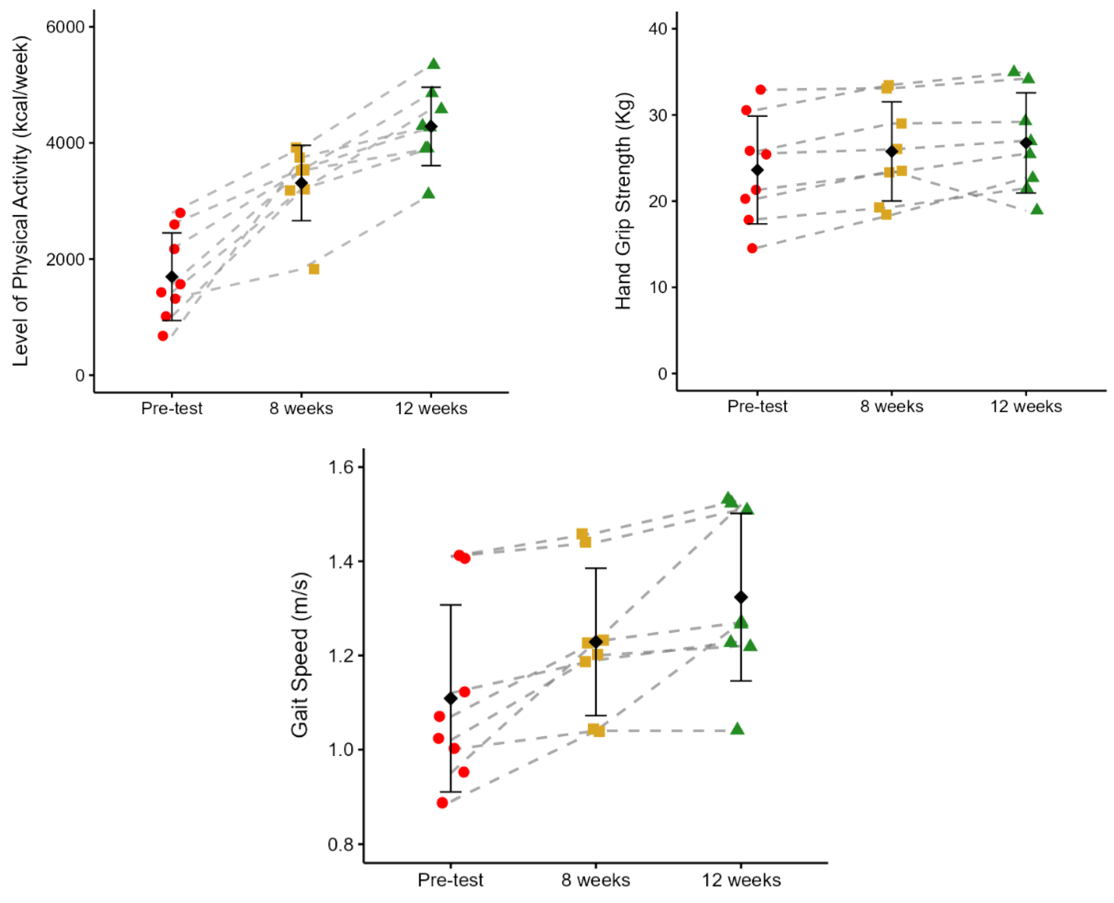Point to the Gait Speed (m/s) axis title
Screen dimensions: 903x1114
coord(299,655)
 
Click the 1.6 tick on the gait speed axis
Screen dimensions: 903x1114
coord(341,467)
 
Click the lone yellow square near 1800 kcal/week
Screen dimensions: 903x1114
coord(314,269)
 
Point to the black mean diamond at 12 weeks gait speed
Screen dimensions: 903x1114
coord(741,597)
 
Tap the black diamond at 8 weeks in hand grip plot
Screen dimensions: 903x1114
coord(892,151)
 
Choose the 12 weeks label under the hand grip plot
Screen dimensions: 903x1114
coord(1026,406)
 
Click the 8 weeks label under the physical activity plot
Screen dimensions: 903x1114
coord(301,408)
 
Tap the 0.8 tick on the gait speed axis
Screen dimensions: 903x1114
coord(341,844)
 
